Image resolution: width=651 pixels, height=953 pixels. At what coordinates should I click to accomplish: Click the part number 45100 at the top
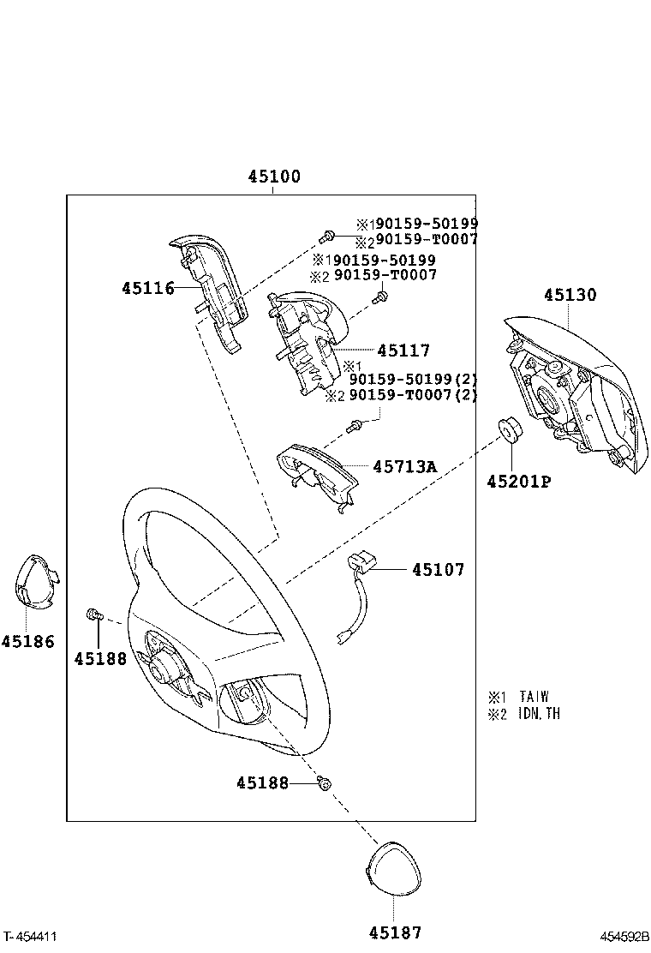(x=274, y=177)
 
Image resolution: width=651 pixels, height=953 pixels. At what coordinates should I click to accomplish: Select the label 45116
(x=147, y=289)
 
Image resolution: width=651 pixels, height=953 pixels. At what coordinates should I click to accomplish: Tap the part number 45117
(x=403, y=351)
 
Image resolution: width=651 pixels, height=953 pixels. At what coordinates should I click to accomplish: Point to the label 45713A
(x=404, y=467)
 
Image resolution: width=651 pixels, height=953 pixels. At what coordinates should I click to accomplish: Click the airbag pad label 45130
(x=570, y=296)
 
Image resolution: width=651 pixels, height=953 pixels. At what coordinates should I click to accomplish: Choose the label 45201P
(x=518, y=482)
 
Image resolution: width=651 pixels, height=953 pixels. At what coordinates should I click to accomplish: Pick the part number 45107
(x=438, y=569)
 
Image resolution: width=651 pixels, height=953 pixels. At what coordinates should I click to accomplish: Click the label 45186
(x=27, y=641)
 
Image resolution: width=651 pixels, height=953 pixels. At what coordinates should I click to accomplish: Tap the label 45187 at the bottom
(x=396, y=932)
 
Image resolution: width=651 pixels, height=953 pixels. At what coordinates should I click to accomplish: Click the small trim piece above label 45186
(x=34, y=583)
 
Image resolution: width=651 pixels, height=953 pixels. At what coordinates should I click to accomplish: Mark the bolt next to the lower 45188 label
(x=325, y=782)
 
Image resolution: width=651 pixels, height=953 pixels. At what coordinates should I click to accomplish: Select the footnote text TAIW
(x=534, y=697)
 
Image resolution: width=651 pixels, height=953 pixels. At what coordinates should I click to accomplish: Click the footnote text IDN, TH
(x=539, y=714)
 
